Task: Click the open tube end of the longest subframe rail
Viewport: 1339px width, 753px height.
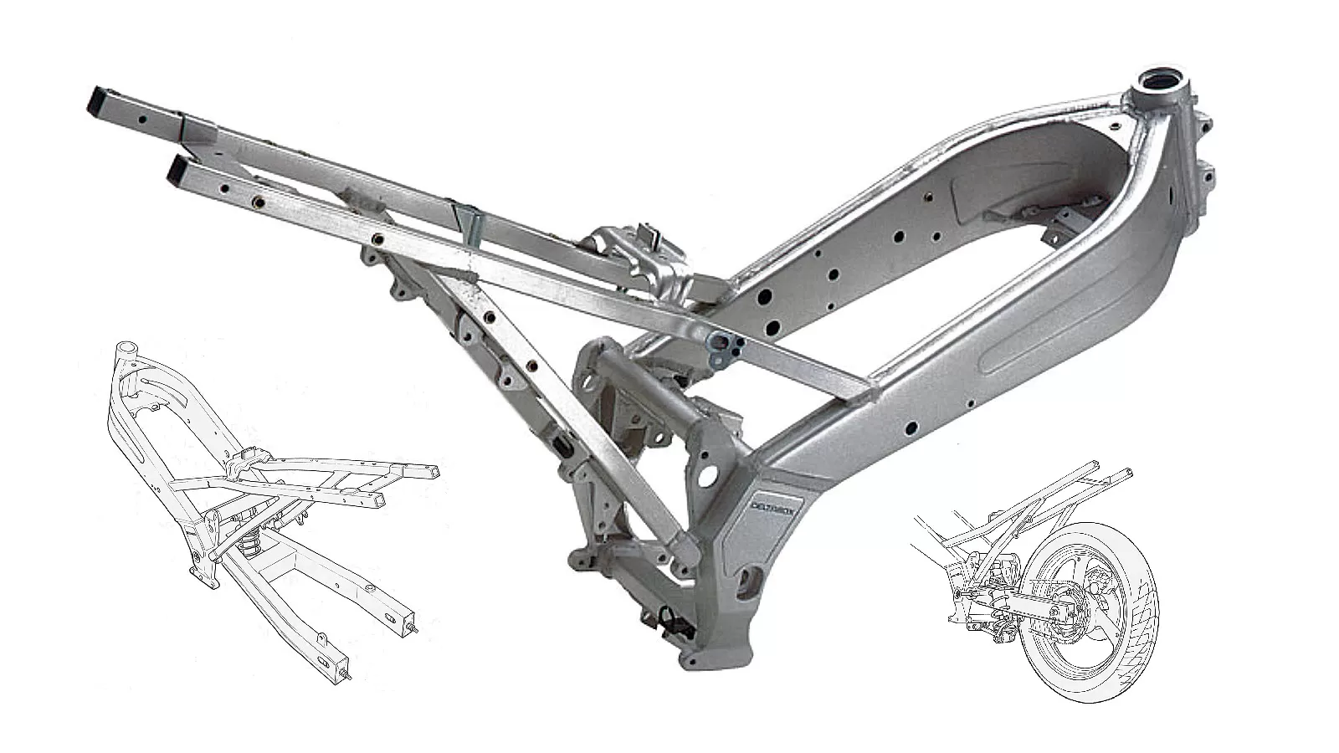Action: [99, 105]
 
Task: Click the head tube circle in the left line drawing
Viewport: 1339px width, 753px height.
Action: [126, 348]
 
